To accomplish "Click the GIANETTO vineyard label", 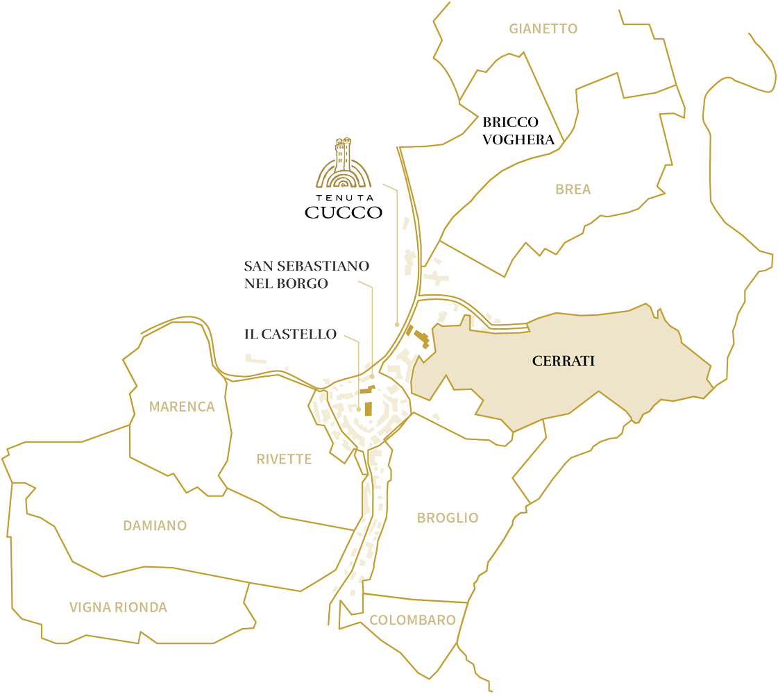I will coord(543,28).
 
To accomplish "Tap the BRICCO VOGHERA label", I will coord(519,130).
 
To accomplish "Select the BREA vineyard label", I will coord(573,189).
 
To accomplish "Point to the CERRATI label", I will coord(564,361).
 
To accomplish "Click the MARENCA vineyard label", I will coord(182,407).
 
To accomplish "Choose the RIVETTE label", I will coord(284,459).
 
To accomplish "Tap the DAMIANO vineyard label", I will coord(155,525).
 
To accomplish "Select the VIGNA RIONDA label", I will coord(118,607).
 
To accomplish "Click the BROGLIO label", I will coord(447,518).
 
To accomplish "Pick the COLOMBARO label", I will coord(412,620).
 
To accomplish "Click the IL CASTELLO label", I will coord(290,334).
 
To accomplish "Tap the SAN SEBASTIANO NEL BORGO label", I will coord(306,275).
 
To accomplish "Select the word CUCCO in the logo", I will coord(344,212).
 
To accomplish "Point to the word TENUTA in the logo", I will coord(344,196).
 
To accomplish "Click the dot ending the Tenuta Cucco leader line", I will coord(396,324).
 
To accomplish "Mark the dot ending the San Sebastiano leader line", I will coord(373,377).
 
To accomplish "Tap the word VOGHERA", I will coord(519,139).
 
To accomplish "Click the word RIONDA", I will coord(142,607).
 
